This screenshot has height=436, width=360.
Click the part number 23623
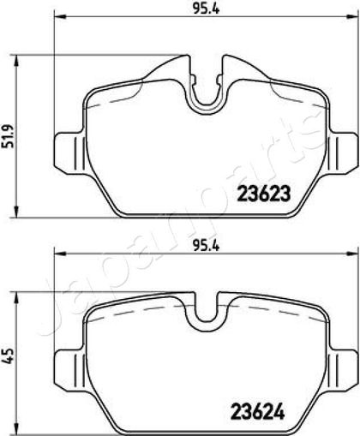tap(264, 194)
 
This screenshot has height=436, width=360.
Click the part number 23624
tap(258, 411)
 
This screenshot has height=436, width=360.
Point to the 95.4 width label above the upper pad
tap(206, 9)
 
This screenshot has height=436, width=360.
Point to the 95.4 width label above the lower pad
tap(206, 246)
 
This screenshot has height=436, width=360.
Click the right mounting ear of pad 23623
tap(342, 152)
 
